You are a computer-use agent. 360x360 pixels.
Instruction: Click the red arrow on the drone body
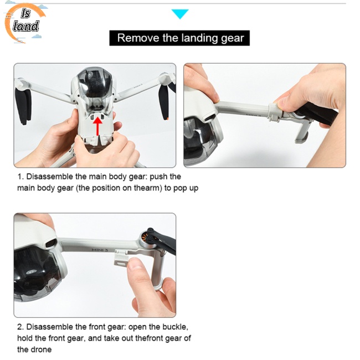(x=98, y=126)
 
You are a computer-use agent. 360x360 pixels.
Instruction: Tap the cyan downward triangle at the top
(x=180, y=14)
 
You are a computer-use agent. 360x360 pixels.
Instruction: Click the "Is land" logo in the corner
(x=25, y=22)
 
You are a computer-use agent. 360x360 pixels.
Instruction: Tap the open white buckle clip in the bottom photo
(x=121, y=258)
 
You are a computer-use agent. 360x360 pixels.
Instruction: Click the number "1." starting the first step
(x=20, y=177)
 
